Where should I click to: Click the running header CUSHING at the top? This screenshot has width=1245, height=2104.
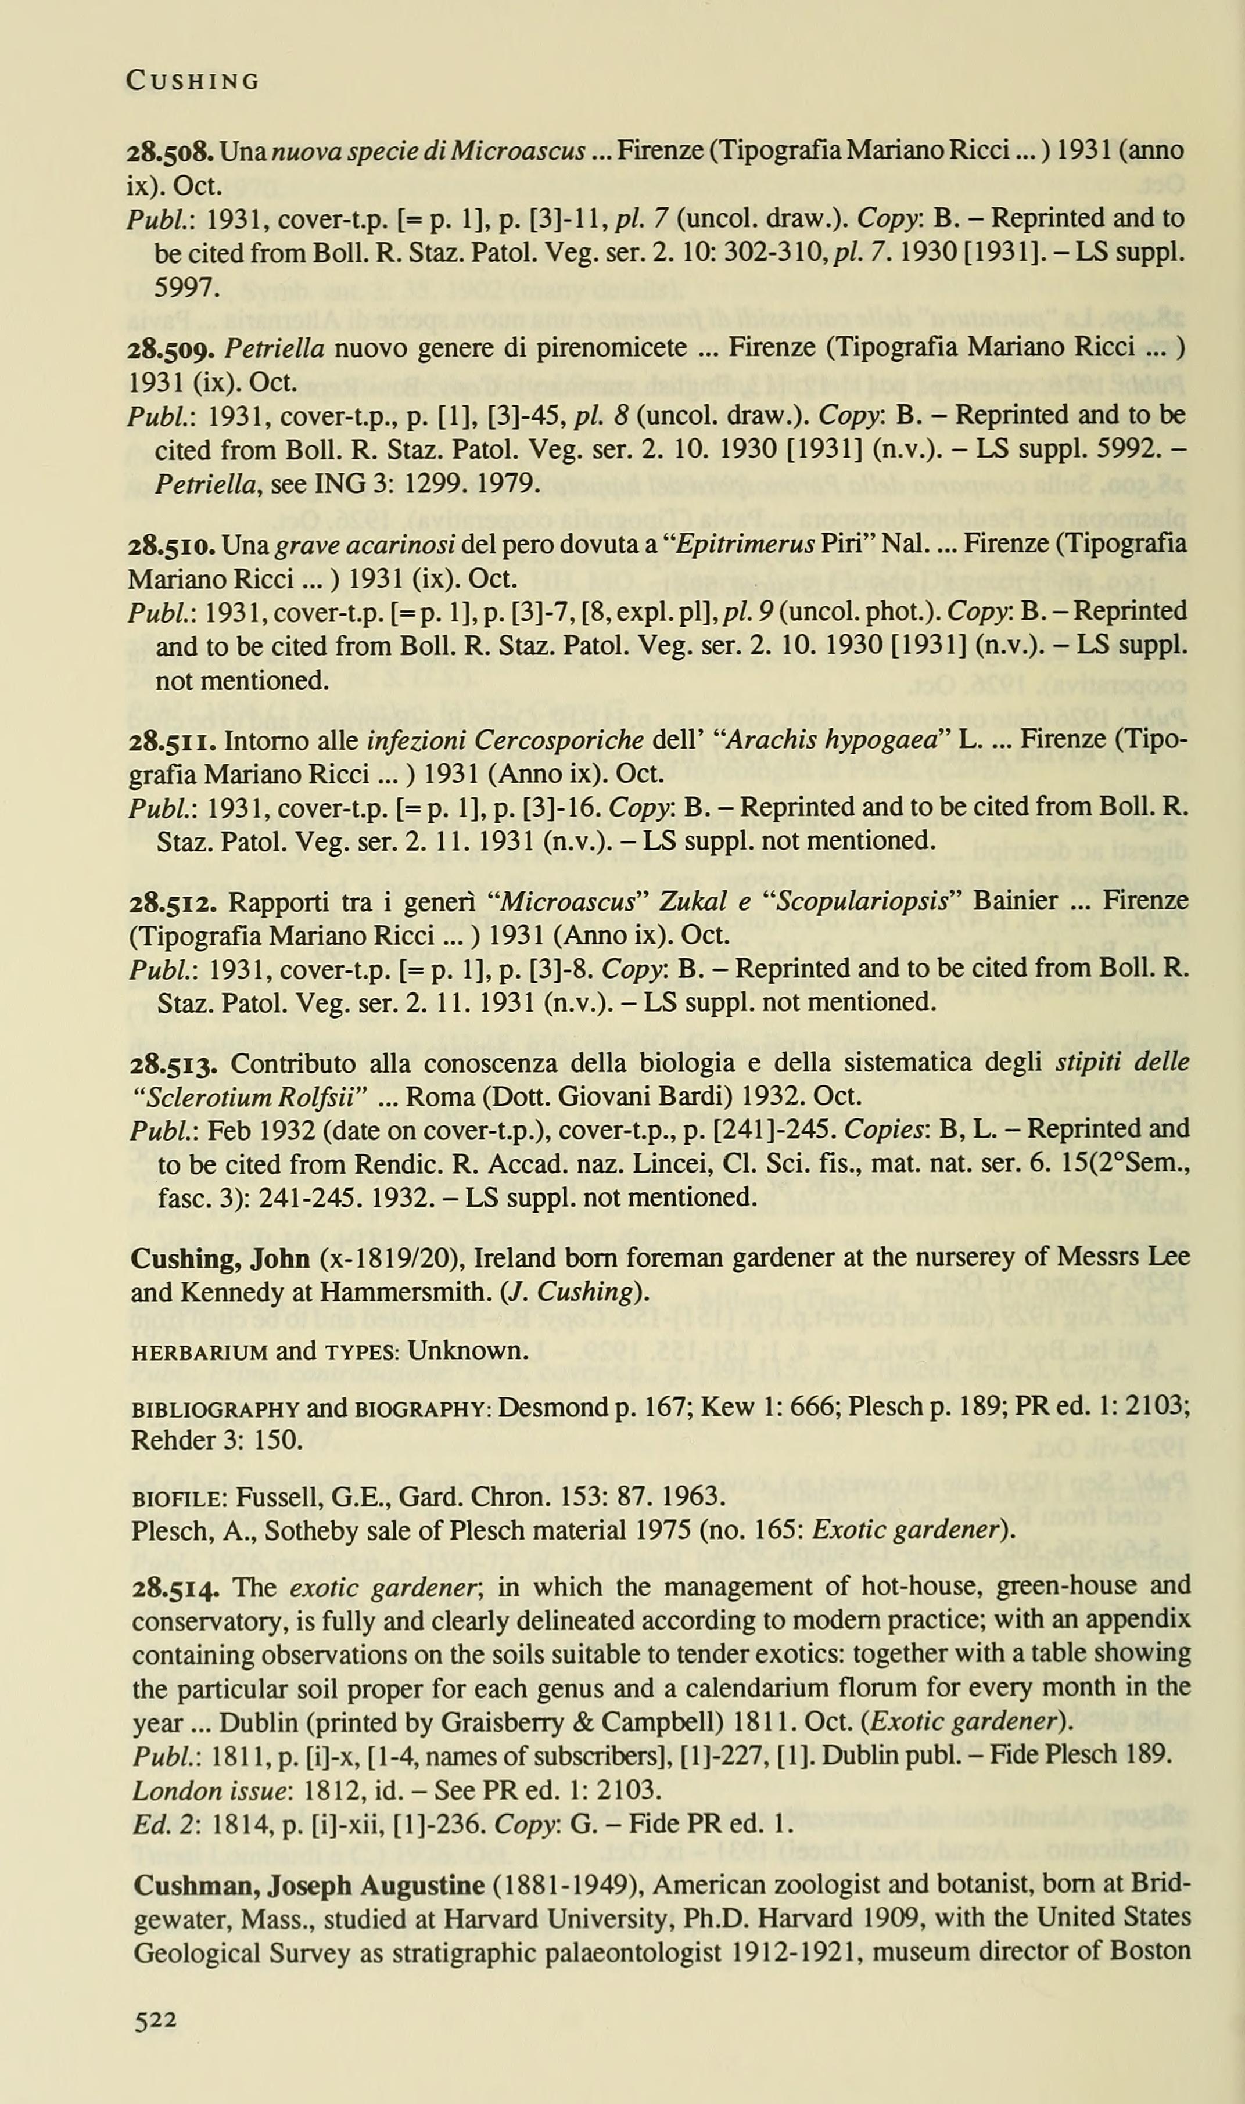pyautogui.click(x=192, y=81)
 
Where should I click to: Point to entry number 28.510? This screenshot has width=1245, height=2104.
pyautogui.click(x=172, y=545)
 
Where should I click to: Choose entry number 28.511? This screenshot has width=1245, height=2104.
pyautogui.click(x=172, y=741)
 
